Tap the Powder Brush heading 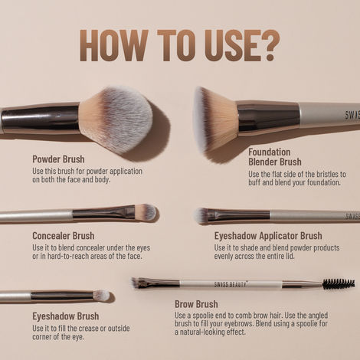(58, 159)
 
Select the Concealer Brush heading (64, 236)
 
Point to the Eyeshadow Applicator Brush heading (268, 236)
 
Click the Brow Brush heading (196, 304)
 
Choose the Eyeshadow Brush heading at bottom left (65, 316)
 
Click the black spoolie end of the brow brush (338, 283)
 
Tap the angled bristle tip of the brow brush (138, 283)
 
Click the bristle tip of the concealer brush (145, 211)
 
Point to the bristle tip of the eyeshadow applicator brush (201, 216)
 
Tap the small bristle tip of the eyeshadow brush (101, 295)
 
